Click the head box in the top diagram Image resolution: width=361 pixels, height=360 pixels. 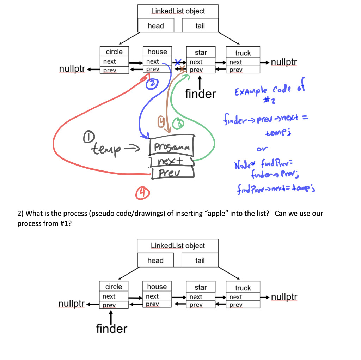156,26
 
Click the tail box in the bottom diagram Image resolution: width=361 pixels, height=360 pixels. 200,260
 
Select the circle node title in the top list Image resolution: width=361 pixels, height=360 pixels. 114,52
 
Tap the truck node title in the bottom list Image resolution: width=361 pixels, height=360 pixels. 243,288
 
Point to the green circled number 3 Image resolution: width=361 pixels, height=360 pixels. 180,124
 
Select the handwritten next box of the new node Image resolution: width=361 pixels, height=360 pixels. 172,162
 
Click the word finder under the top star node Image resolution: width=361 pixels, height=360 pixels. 200,94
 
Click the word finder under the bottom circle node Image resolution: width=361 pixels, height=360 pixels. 111,329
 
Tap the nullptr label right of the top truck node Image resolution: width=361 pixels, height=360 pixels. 284,62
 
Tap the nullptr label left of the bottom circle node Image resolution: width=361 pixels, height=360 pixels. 72,304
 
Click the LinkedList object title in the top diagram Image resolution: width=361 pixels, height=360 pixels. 178,11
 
